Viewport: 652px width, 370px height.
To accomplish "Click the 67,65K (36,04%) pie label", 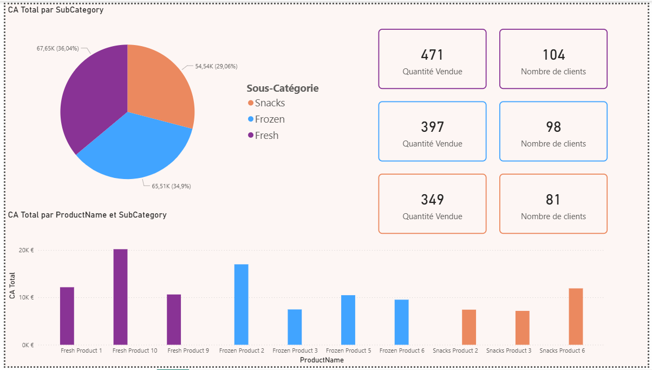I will [57, 48].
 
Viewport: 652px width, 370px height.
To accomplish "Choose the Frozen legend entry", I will [269, 119].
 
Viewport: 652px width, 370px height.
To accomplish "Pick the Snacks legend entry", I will [269, 103].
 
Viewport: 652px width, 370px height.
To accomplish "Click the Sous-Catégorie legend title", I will [282, 88].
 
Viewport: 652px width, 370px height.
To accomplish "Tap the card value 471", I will [432, 55].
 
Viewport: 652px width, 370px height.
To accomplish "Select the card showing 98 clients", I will [553, 131].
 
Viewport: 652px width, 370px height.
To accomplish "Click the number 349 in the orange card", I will [432, 200].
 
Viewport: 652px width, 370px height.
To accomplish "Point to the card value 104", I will [553, 55].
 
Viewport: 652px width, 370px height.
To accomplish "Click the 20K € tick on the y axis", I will [26, 250].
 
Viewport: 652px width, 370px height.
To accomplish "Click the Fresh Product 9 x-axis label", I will [188, 351].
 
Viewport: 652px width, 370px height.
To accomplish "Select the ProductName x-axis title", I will [322, 360].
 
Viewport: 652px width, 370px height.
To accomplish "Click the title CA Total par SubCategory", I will [56, 10].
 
